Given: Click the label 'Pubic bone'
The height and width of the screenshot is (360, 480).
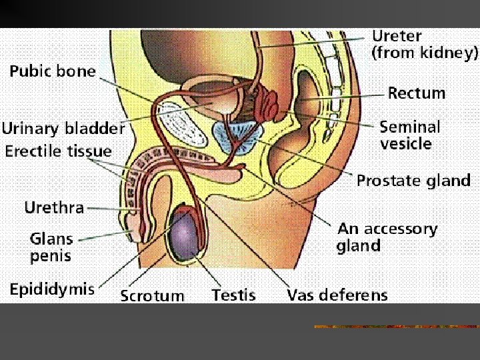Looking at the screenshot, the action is (x=53, y=71).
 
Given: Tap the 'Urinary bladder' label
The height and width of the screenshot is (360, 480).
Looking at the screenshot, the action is (x=63, y=128).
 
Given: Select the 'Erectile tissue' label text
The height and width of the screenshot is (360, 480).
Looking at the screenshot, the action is (x=59, y=151).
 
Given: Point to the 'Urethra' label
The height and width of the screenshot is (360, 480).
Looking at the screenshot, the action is (x=54, y=207).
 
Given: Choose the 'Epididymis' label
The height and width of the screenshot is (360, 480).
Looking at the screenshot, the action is (x=52, y=290).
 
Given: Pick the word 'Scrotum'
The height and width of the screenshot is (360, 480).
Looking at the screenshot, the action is (x=152, y=295).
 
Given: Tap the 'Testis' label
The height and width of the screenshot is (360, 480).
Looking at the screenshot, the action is (x=233, y=295).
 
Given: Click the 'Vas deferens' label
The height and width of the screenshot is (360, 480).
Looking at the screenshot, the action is (x=337, y=295).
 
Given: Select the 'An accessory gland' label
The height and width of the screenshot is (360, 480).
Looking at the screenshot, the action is (x=387, y=237).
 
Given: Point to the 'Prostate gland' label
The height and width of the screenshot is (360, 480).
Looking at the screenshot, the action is (x=413, y=181).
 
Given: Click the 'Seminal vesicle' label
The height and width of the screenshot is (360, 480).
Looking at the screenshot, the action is (x=410, y=134).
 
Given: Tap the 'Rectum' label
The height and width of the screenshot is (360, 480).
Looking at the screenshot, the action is (x=417, y=93).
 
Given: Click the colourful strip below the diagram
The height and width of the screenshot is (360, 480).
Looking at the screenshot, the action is (x=397, y=327).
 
